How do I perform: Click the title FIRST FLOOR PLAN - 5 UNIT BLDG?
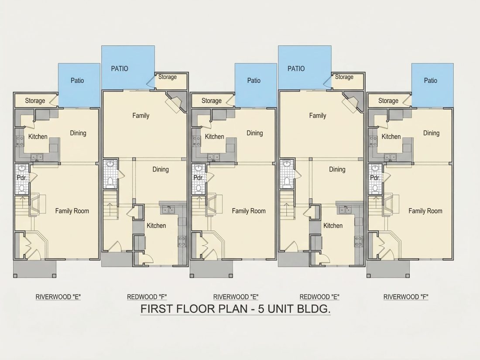tap(235, 309)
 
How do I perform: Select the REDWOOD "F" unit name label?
tap(147, 297)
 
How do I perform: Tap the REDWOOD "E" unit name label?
tap(319, 297)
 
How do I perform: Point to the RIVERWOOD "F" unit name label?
tap(406, 297)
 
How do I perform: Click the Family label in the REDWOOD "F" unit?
tap(141, 116)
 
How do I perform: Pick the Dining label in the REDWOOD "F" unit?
tap(161, 170)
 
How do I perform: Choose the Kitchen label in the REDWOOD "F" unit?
tap(156, 226)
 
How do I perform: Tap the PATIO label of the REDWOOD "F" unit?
tap(120, 69)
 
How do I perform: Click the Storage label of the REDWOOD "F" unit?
tap(168, 77)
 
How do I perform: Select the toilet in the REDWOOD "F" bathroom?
tap(110, 182)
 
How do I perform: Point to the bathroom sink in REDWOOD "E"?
tap(287, 164)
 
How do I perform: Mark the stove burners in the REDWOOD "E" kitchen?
tap(358, 241)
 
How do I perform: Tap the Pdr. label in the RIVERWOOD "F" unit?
tap(375, 178)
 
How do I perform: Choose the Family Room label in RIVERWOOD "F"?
tap(425, 211)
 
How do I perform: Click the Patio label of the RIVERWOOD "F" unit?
tap(430, 81)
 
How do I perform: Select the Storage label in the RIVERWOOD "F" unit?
tap(388, 101)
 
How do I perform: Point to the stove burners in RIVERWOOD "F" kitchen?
tap(373, 141)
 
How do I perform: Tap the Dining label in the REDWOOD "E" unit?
tap(337, 170)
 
